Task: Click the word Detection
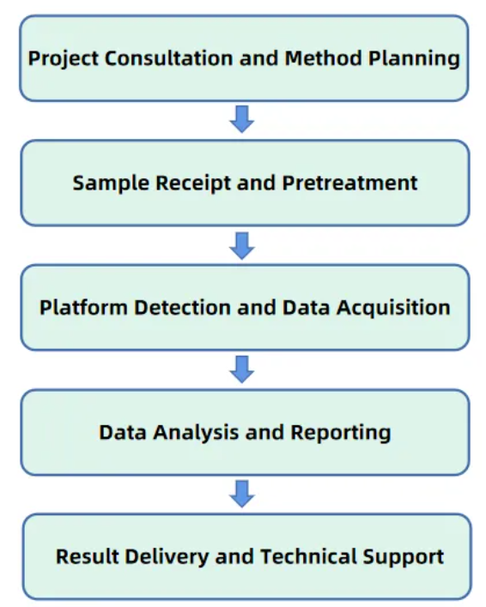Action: [x=173, y=308]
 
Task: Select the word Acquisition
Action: [x=395, y=308]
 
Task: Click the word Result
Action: [x=86, y=556]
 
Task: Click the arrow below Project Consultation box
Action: [x=243, y=120]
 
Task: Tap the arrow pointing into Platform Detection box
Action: [x=243, y=246]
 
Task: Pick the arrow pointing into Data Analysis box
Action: [x=243, y=370]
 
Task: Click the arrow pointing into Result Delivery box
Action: [x=243, y=494]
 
